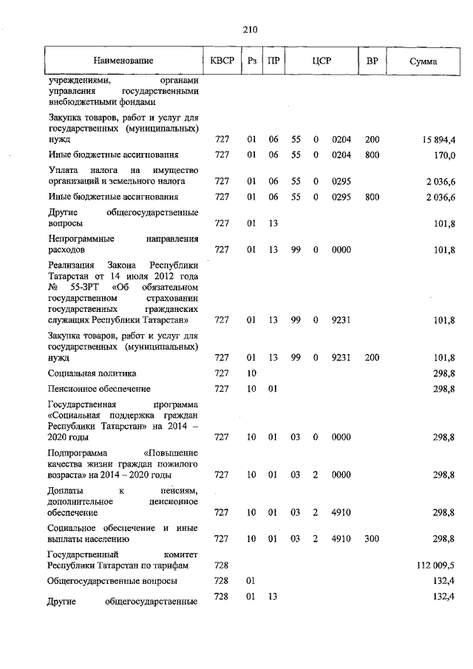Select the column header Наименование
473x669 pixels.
123,61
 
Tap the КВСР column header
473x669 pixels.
222,61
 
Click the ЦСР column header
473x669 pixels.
320,61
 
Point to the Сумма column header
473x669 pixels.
423,61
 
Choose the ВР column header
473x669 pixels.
372,61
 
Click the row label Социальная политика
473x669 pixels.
92,373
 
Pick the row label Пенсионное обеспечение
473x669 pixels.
99,389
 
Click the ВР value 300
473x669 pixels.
372,539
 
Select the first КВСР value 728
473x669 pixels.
222,565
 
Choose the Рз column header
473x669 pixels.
252,61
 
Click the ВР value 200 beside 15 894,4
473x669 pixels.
372,139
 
